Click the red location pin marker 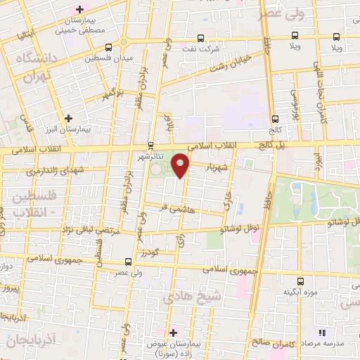point(180,165)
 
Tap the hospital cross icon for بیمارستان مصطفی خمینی point(79,9)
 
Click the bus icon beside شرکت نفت point(201,38)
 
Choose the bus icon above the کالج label point(274,119)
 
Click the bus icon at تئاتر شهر point(141,146)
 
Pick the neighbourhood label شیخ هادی point(193,297)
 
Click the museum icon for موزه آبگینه point(300,281)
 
